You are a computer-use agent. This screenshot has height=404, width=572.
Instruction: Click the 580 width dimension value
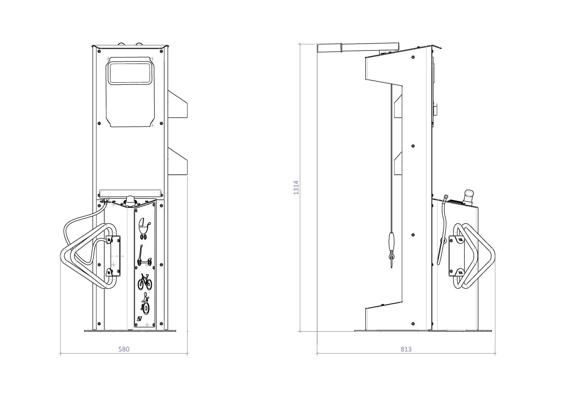124,349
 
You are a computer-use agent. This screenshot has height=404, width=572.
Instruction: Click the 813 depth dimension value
406,349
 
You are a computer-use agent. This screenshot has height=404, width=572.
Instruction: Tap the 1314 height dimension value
296,188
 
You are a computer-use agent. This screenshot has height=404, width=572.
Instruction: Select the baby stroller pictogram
144,229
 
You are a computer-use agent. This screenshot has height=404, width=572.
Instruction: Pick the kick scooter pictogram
144,255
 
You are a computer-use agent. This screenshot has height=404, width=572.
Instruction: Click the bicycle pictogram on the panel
145,282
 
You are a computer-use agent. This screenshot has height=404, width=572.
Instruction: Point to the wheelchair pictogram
146,305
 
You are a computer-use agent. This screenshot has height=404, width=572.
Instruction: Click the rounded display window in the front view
130,73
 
